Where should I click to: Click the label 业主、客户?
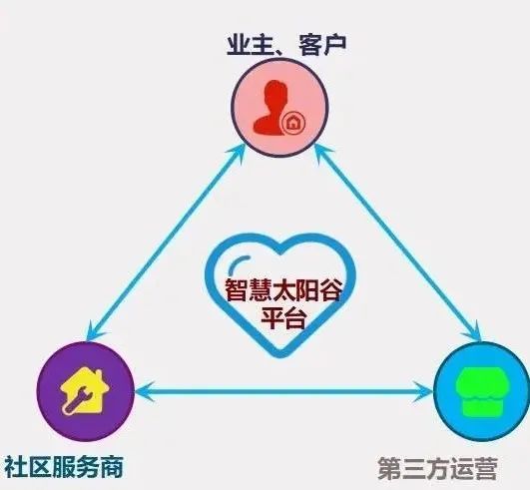pyautogui.click(x=286, y=44)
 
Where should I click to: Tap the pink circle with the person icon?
pyautogui.click(x=279, y=108)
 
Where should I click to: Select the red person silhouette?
pyautogui.click(x=270, y=108)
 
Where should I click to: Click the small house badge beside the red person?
pyautogui.click(x=293, y=123)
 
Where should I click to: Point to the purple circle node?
pyautogui.click(x=86, y=391)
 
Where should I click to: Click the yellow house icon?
pyautogui.click(x=85, y=390)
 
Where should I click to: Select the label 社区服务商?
pyautogui.click(x=63, y=467)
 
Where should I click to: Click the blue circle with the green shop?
pyautogui.click(x=482, y=391)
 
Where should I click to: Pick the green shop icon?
pyautogui.click(x=480, y=391)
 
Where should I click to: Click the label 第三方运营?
pyautogui.click(x=438, y=468)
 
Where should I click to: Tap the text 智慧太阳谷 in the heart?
pyautogui.click(x=282, y=290)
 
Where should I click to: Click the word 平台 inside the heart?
pyautogui.click(x=283, y=318)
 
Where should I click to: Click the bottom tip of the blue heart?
pyautogui.click(x=280, y=357)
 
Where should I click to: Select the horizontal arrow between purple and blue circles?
pyautogui.click(x=283, y=391)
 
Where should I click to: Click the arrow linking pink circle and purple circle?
pyautogui.click(x=167, y=242)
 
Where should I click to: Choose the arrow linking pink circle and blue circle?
pyautogui.click(x=398, y=242)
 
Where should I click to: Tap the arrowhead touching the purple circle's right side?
pyautogui.click(x=144, y=391)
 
